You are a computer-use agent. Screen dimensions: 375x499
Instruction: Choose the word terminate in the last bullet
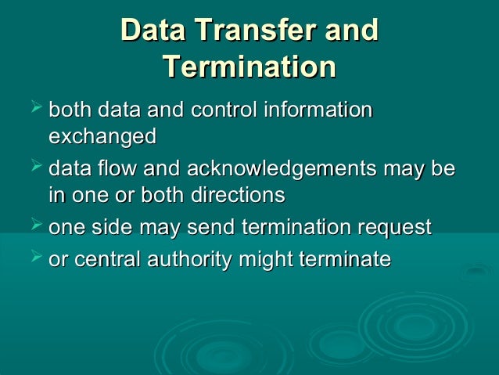click(350, 259)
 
